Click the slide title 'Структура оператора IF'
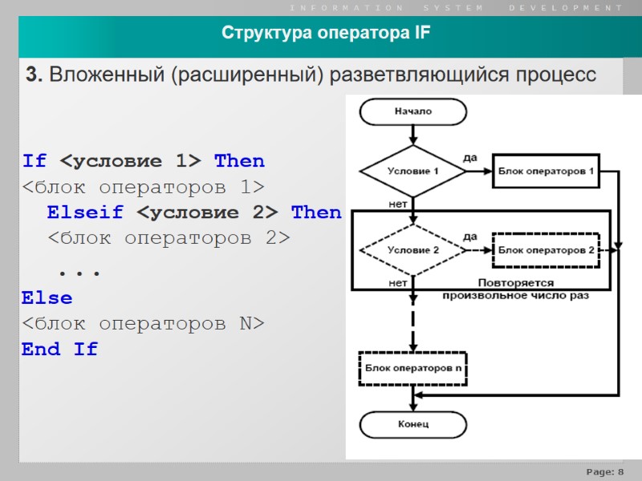[x=326, y=34]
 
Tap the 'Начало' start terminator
[x=412, y=111]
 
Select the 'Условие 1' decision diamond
[x=413, y=172]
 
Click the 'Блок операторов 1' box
[x=546, y=172]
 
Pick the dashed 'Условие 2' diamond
[x=413, y=250]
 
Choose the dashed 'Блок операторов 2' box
[x=546, y=250]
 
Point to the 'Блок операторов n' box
[x=413, y=369]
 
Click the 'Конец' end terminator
[x=413, y=423]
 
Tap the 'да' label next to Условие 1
[x=470, y=158]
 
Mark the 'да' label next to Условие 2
[x=470, y=236]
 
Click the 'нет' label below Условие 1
[x=396, y=204]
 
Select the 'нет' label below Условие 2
[x=396, y=282]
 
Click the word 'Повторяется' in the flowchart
[x=516, y=283]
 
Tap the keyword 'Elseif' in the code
[x=85, y=212]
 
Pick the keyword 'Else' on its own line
[x=47, y=298]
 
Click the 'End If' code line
[x=59, y=350]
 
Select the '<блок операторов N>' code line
[x=142, y=324]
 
